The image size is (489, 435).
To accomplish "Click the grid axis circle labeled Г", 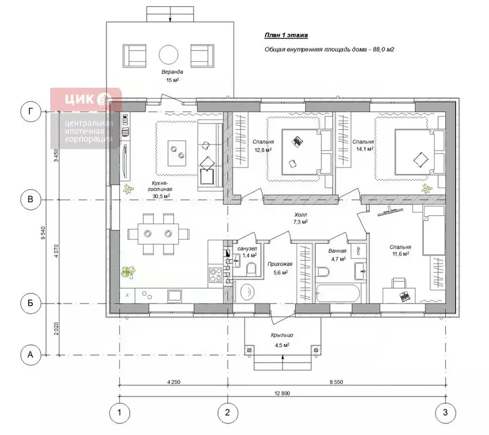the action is pos(30,112).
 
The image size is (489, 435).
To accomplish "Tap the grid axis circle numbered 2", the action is pos(228,412).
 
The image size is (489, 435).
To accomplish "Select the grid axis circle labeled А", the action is pos(30,355).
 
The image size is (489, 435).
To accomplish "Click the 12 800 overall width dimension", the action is pos(282,393).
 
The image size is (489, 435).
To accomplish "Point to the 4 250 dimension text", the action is pos(174,382).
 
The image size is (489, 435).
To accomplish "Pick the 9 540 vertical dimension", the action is pos(43,233).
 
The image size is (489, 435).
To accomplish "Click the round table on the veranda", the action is pos(169,54).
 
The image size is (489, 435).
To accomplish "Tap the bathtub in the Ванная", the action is pos(338,293).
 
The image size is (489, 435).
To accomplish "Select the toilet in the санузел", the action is pos(251,269).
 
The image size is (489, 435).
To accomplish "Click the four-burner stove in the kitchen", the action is pos(215,275).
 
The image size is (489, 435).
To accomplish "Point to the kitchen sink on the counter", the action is pos(175,296).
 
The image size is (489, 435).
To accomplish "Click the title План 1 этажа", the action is pos(286,35).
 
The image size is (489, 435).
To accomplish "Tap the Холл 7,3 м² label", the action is pos(301,218).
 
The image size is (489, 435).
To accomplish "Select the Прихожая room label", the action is pos(280,264).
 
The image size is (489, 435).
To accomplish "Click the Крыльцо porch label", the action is pos(282,335).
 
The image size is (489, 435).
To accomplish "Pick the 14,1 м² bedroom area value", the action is pos(364,149).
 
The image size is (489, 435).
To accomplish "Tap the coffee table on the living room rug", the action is pos(177,153).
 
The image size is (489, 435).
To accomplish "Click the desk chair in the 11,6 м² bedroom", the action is pos(399,283).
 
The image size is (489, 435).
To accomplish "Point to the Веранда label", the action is pos(172,72).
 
